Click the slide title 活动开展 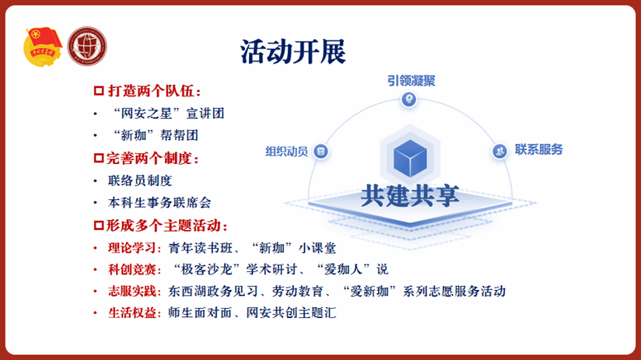(293, 52)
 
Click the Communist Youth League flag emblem (43, 47)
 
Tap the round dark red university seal (87, 46)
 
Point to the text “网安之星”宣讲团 (169, 114)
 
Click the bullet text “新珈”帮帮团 (156, 135)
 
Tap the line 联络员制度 (140, 180)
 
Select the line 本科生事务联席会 (159, 203)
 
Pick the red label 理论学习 (132, 247)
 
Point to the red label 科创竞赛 (132, 269)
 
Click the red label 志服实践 (132, 291)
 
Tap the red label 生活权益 (132, 313)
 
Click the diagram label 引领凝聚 (412, 81)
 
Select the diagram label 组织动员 (286, 152)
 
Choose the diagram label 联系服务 (539, 149)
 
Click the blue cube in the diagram (410, 158)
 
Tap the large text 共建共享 (410, 196)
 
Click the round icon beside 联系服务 (499, 151)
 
